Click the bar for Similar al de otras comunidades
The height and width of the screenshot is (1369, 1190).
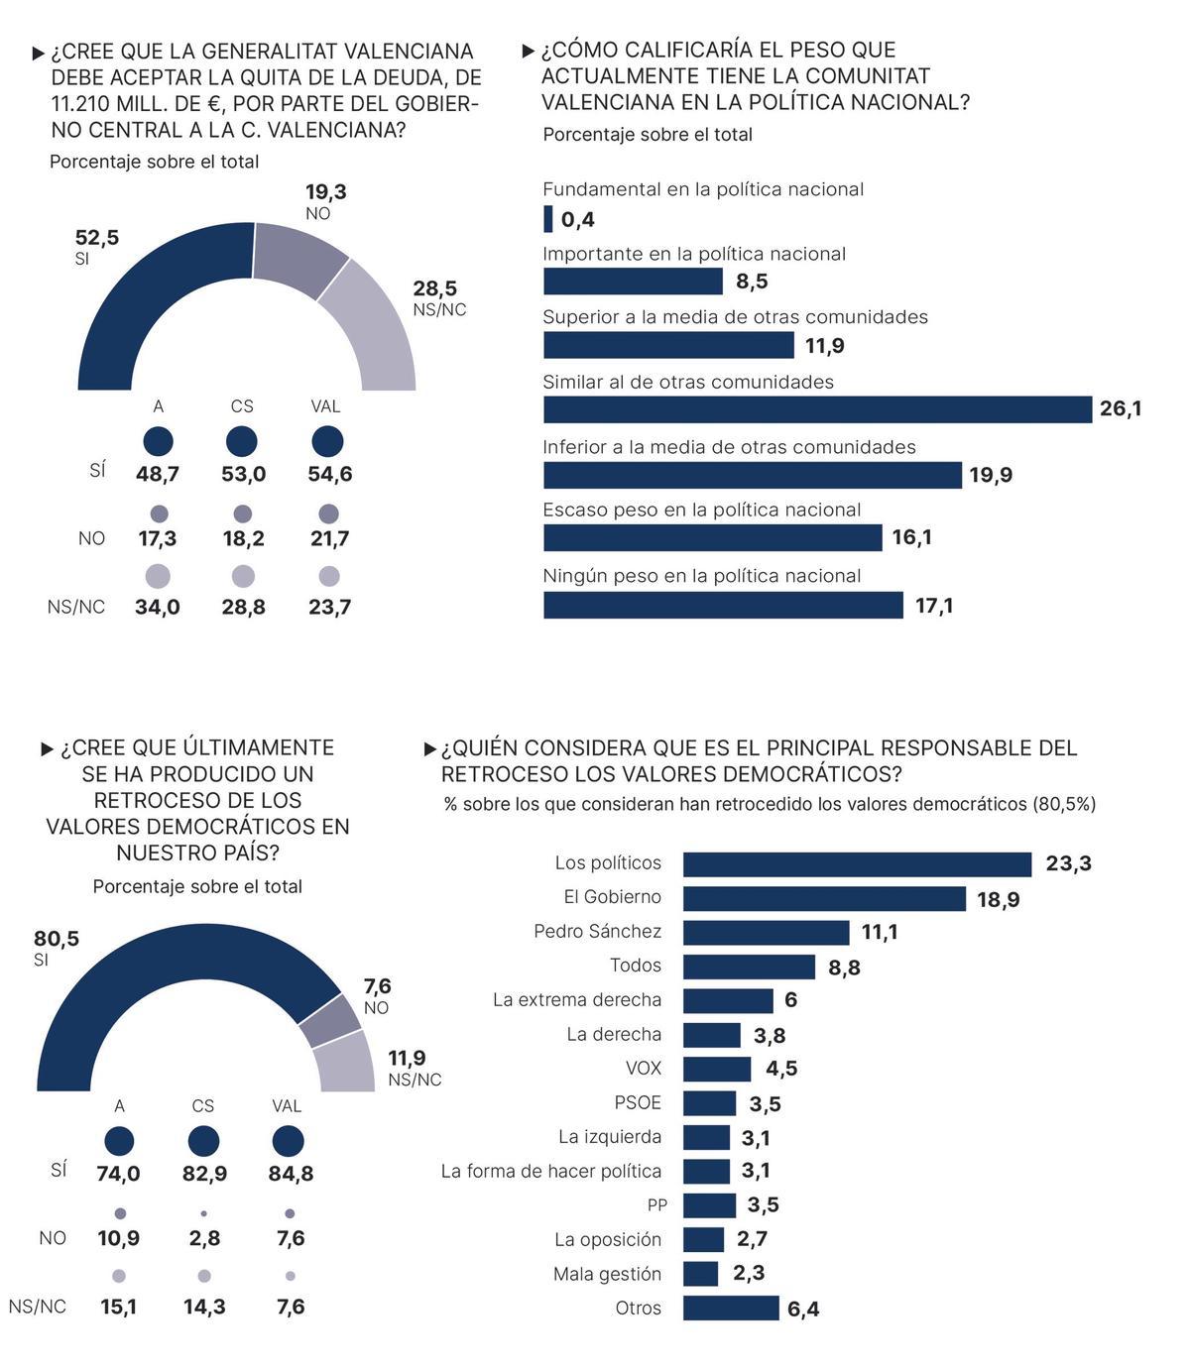(817, 409)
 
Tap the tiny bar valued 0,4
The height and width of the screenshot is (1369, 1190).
(548, 219)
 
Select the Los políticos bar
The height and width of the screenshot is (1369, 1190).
(858, 864)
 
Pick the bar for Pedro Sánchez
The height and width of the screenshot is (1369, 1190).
(766, 933)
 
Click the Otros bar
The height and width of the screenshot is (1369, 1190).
(731, 1309)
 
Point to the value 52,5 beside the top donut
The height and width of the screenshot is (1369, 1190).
(97, 238)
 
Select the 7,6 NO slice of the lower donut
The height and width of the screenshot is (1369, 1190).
(330, 1021)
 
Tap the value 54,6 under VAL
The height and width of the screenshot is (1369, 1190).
(330, 474)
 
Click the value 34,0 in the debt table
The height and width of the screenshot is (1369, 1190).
(158, 607)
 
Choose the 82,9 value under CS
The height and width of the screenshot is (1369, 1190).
(204, 1174)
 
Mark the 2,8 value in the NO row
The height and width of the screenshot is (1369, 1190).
(204, 1238)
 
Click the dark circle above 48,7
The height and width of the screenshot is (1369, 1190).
(158, 441)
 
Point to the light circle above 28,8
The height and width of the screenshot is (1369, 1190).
(243, 576)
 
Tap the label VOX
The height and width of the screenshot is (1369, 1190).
(644, 1069)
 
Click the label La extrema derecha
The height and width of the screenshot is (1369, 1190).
(576, 1000)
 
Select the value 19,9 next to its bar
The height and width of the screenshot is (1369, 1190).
(990, 475)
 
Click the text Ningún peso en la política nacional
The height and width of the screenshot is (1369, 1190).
(701, 576)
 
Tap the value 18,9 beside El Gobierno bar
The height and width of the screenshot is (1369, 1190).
(998, 899)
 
